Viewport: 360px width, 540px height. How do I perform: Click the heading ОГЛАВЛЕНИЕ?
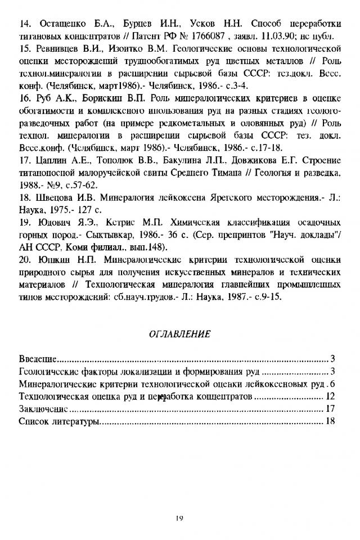[179, 334]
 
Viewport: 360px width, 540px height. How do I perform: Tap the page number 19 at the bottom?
[179, 519]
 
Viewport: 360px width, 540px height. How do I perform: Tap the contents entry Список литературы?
[59, 421]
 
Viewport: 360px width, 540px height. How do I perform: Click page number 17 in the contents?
[331, 408]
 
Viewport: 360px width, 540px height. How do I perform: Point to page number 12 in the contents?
[331, 396]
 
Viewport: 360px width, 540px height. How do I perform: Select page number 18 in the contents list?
[331, 421]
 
